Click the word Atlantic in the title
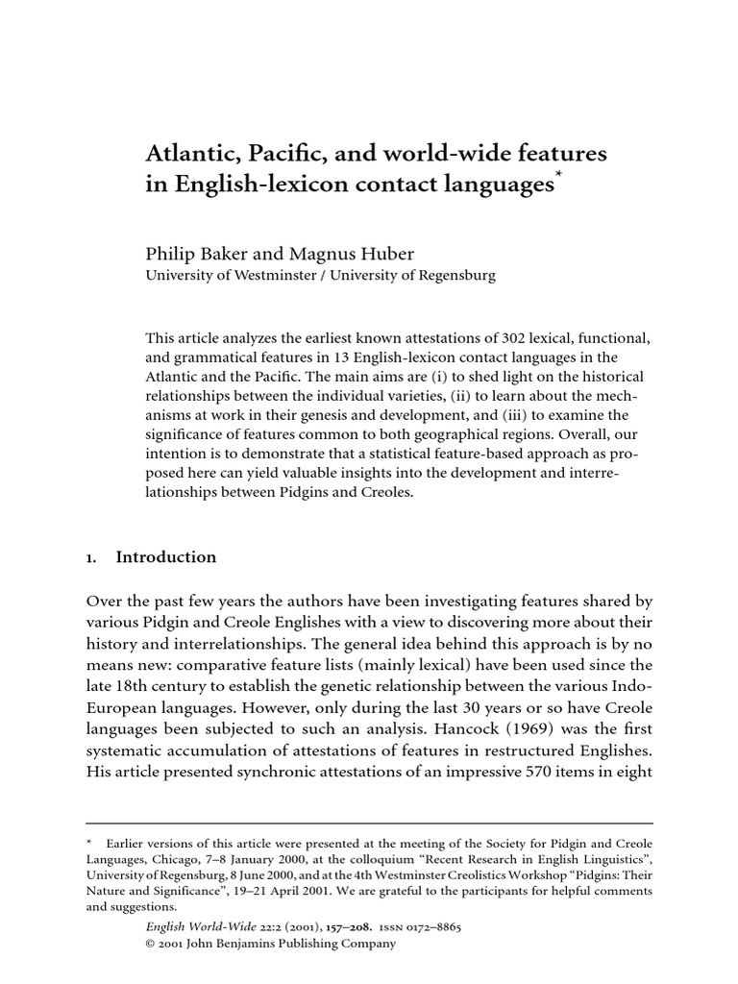pos(184,154)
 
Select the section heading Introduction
pos(165,557)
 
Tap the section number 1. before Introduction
pos(92,557)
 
